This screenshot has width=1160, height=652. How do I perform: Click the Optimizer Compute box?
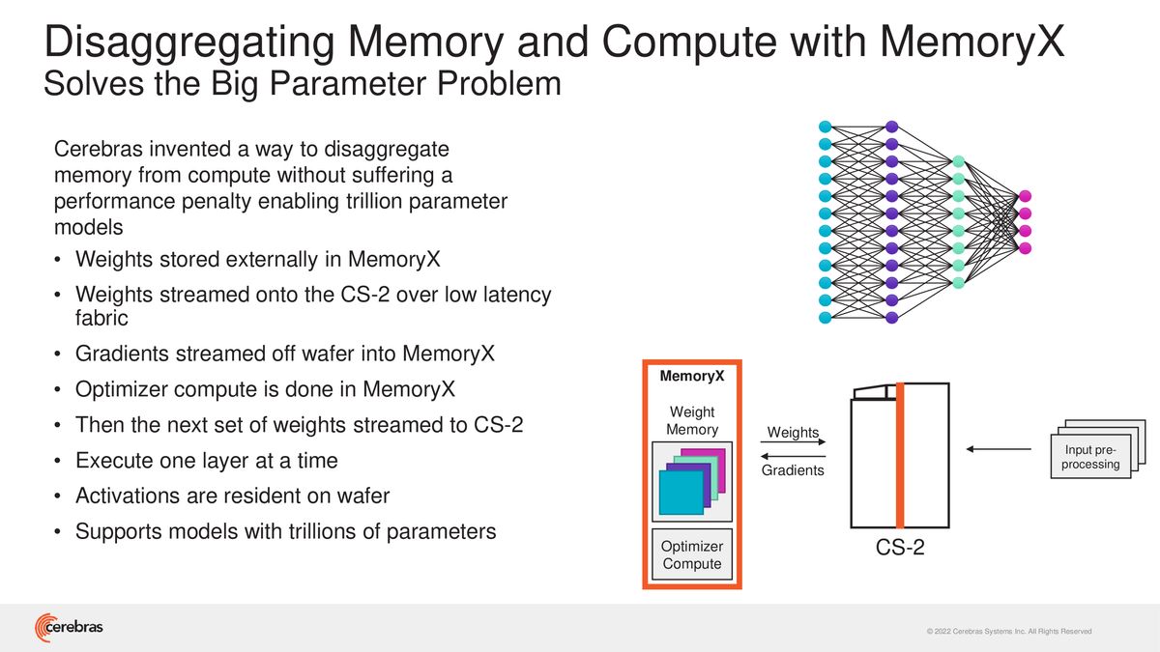tap(692, 554)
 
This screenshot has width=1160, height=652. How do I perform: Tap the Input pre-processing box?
tap(1090, 456)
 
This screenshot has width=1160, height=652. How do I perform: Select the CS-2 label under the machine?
tap(900, 547)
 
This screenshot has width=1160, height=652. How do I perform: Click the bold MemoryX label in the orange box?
tap(692, 376)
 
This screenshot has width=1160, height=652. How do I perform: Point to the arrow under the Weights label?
tap(793, 442)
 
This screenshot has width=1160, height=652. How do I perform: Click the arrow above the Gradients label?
tap(793, 456)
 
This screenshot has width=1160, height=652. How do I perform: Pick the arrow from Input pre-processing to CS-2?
tap(999, 449)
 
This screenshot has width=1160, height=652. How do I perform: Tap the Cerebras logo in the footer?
tap(69, 627)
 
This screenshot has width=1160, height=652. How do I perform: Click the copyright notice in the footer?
tap(1009, 632)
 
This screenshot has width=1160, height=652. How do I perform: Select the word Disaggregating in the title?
tap(189, 43)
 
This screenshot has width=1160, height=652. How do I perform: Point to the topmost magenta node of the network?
tap(1025, 196)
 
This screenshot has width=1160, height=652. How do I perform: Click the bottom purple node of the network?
tap(891, 317)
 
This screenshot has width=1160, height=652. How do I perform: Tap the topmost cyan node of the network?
tap(825, 127)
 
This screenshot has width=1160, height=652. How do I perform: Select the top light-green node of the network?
tap(959, 161)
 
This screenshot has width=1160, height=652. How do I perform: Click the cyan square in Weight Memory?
tap(681, 493)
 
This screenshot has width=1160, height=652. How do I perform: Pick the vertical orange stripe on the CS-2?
tap(900, 455)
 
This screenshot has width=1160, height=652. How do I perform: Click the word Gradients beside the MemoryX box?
tap(793, 470)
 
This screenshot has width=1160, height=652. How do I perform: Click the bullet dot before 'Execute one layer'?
tap(57, 461)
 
